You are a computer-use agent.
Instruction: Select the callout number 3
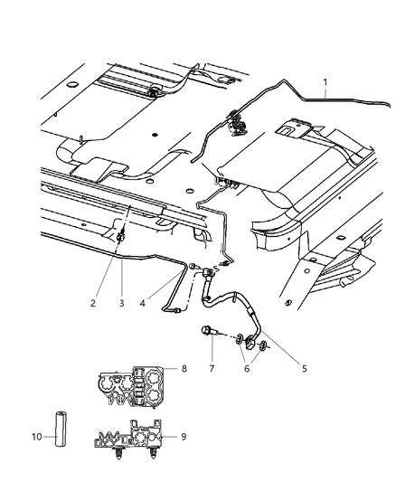tap(122, 303)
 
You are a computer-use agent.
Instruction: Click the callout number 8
tap(184, 369)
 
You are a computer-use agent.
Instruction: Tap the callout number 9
tap(184, 435)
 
